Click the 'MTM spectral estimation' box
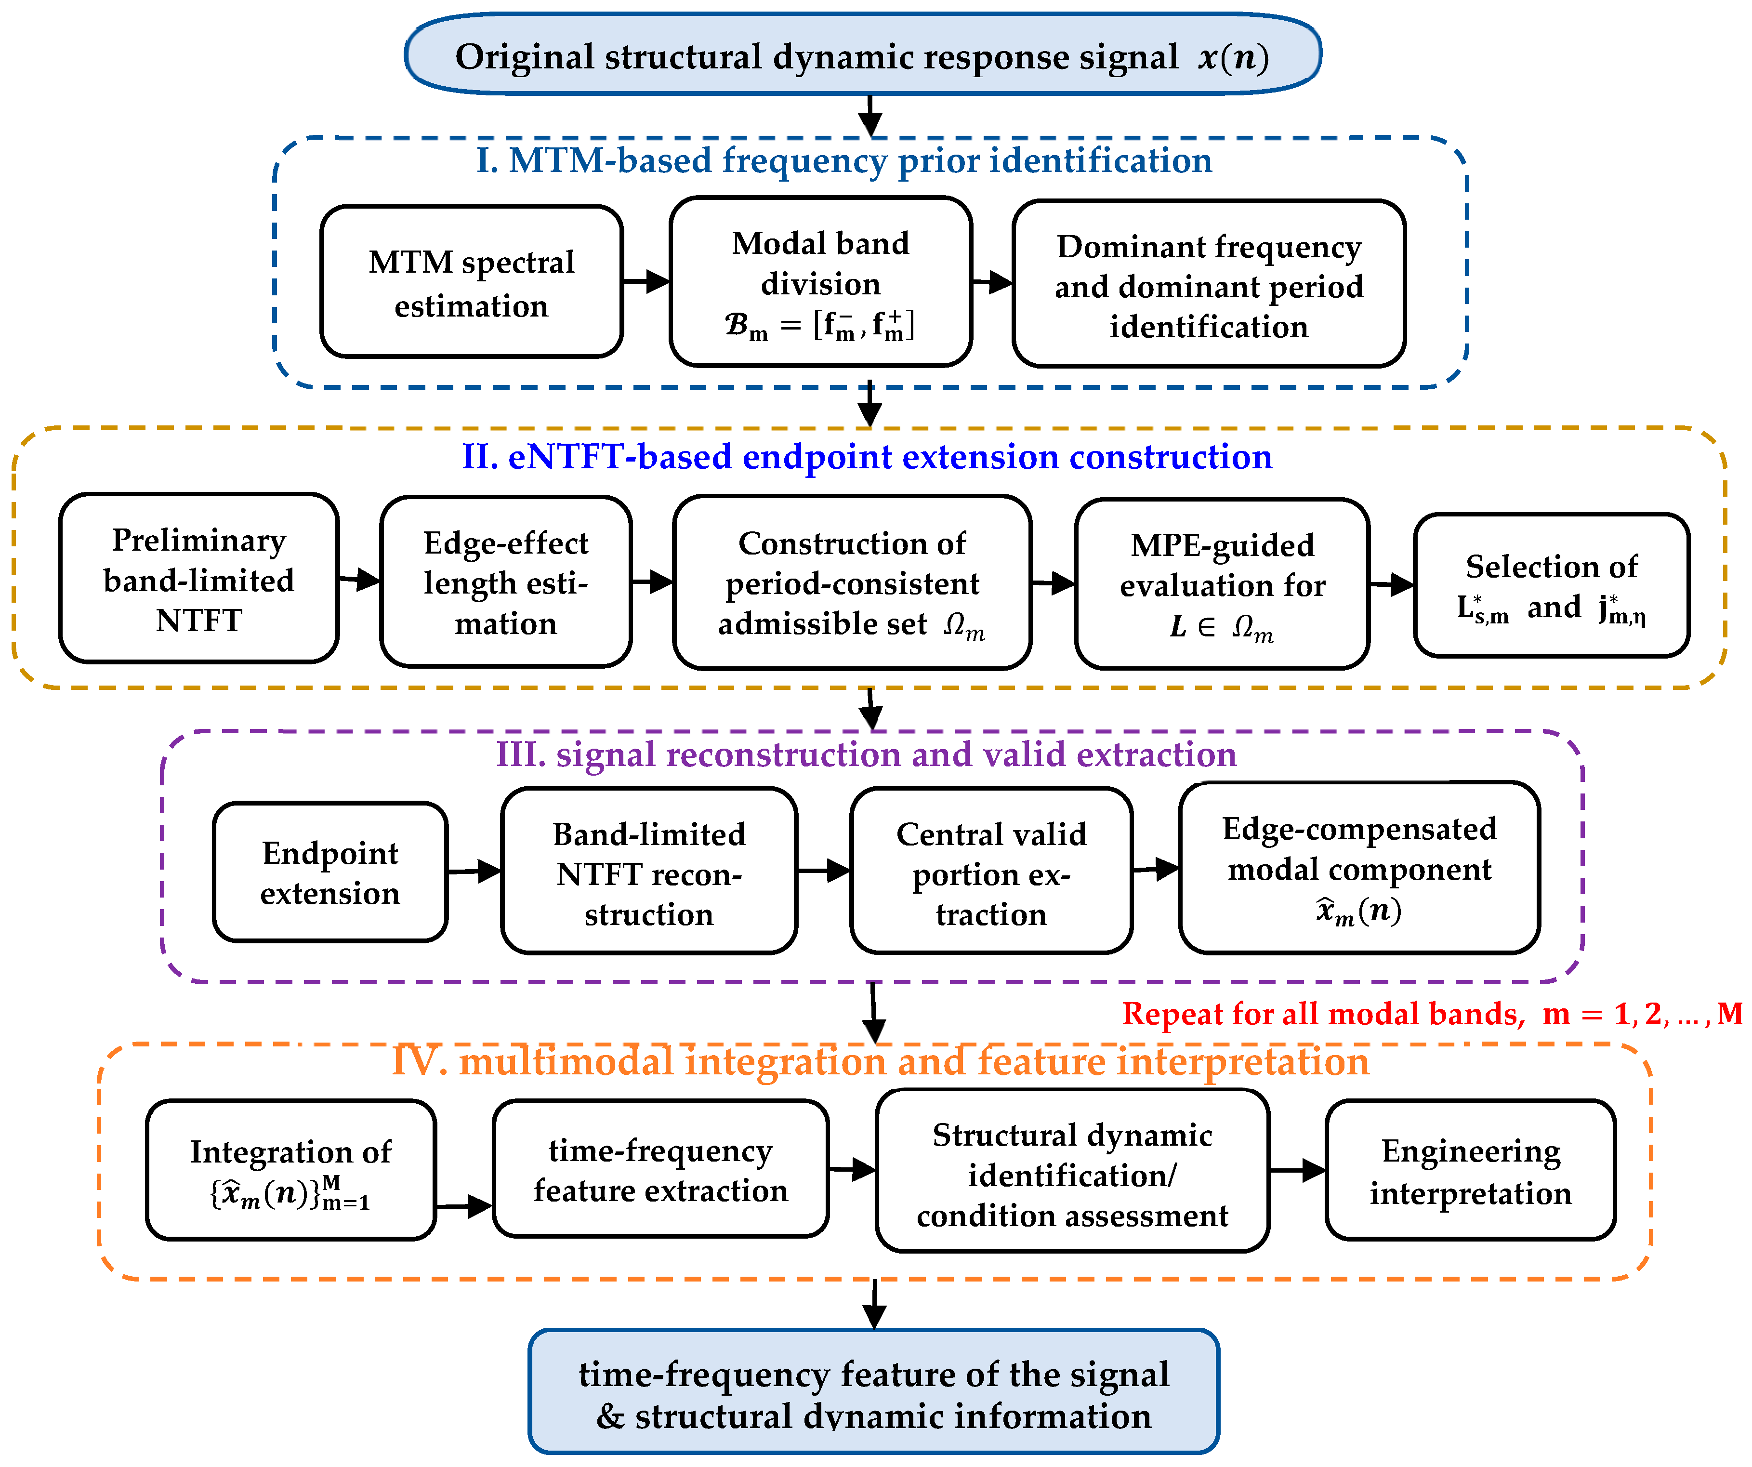coord(472,282)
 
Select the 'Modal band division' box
coord(820,282)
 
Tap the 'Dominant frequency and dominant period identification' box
coord(1209,284)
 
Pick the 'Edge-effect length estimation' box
coord(506,582)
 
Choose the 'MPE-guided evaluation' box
coord(1222,584)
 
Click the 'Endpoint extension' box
coord(330,872)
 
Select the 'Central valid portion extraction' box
coord(991,871)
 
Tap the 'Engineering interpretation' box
coord(1471,1170)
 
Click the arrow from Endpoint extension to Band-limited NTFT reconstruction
coord(474,872)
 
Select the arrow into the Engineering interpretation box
coord(1297,1170)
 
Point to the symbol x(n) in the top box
coord(1234,57)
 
